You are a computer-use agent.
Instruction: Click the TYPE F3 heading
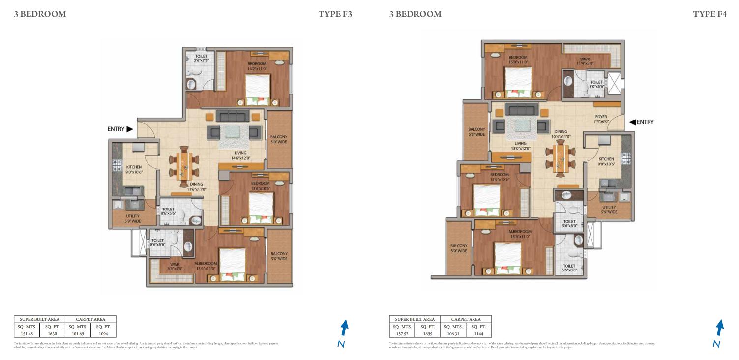click(x=335, y=14)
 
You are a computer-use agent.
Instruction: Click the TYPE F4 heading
click(x=709, y=14)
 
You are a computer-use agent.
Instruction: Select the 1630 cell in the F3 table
click(x=53, y=333)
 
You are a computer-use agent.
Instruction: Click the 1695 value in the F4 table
click(x=428, y=333)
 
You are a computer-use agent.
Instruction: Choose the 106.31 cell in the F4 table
click(x=453, y=333)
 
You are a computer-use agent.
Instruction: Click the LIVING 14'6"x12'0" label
click(x=240, y=156)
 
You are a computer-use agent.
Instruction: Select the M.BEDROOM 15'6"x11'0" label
click(x=520, y=234)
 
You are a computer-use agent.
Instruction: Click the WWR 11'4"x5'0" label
click(x=585, y=61)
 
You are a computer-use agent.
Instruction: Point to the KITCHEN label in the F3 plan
click(x=133, y=169)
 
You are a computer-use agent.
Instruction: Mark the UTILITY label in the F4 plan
click(x=609, y=210)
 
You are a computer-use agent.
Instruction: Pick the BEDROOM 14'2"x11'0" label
click(x=257, y=66)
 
